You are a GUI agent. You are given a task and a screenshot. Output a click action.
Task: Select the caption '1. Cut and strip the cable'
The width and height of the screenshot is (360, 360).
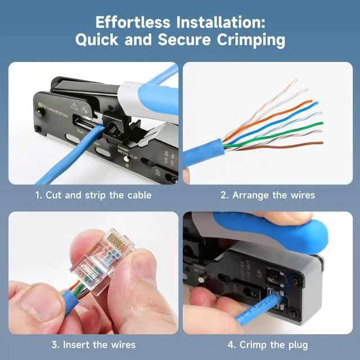tap(93, 195)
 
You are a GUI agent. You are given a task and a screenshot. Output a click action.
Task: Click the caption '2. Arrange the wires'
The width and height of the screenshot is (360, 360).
tap(267, 195)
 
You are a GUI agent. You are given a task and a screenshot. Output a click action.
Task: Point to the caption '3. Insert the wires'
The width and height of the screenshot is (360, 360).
tap(93, 344)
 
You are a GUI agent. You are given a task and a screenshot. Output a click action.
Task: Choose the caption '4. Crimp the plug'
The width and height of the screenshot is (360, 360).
tap(267, 344)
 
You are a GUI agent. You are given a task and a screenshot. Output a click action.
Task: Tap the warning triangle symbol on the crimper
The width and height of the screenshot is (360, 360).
tap(74, 104)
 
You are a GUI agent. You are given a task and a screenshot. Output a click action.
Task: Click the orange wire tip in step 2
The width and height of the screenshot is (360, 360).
tap(308, 103)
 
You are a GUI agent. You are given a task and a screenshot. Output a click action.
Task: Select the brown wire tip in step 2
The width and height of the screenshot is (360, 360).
tap(321, 144)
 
